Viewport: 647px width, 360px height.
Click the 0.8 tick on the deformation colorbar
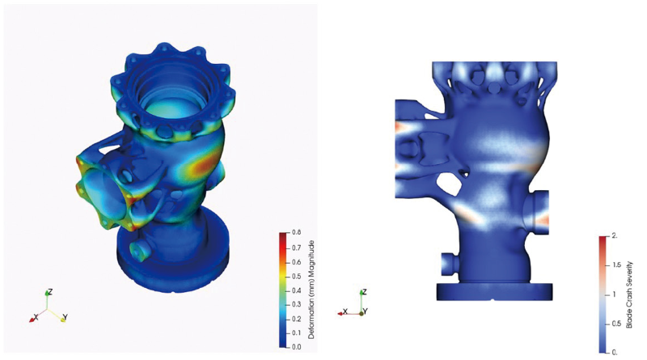(x=296, y=232)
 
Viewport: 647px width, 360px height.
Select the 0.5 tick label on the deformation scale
(x=296, y=276)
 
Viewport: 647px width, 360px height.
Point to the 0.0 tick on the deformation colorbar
(x=296, y=347)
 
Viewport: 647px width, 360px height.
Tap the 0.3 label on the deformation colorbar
(x=296, y=304)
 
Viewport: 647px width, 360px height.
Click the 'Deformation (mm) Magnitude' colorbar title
(x=311, y=290)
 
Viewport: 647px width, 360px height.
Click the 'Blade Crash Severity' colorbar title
(x=629, y=294)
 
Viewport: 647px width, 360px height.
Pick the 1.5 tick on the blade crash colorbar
(x=616, y=265)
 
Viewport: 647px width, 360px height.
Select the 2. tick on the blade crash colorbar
(x=615, y=235)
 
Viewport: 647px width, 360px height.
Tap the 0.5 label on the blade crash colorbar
(x=616, y=324)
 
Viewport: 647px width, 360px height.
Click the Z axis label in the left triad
(x=50, y=292)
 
